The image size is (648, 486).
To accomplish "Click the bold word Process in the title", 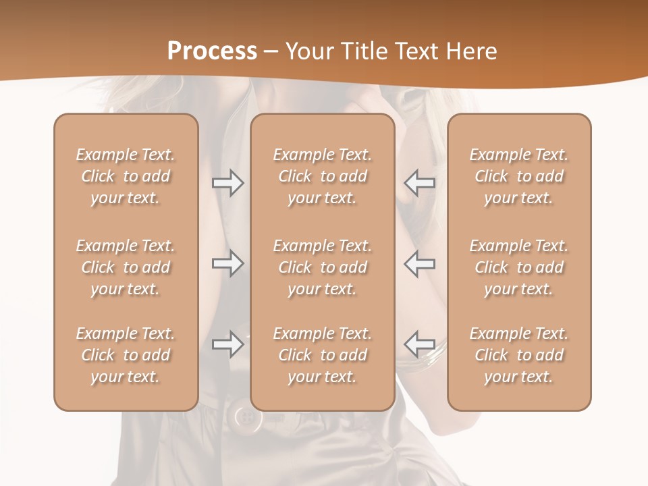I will click(x=212, y=51).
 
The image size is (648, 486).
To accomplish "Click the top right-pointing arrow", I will click(x=228, y=183).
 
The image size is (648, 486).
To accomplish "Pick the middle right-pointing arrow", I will click(x=228, y=263).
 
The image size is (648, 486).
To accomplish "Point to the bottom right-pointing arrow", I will click(x=228, y=344).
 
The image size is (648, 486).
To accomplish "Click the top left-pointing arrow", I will click(x=419, y=183).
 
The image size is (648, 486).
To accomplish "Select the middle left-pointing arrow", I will click(x=419, y=263).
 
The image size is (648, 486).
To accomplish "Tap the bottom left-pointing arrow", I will click(x=419, y=344).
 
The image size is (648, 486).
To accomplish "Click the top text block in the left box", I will click(x=126, y=176).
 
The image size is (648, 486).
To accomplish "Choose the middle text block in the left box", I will click(x=126, y=267).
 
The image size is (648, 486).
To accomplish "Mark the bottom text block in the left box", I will click(x=126, y=355).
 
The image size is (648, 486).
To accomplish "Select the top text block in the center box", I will click(x=322, y=176).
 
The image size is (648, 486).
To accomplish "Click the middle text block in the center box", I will click(x=322, y=267).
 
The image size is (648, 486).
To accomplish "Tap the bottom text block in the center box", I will click(x=322, y=355).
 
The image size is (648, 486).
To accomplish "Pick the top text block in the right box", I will click(x=518, y=176).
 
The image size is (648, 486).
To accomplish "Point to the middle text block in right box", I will click(x=518, y=267).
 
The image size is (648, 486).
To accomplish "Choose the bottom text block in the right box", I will click(x=518, y=355).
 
